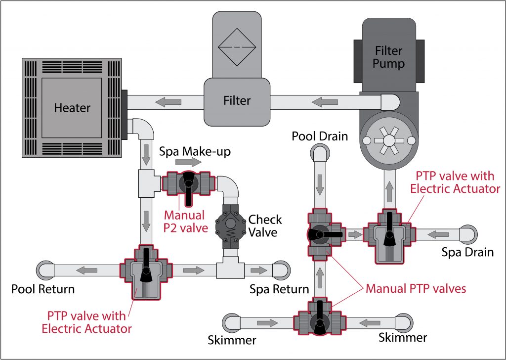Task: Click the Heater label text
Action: coord(72,107)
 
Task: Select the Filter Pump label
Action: coord(388,57)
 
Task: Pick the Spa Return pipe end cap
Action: coord(282,270)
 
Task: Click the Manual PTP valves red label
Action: coord(416,288)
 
